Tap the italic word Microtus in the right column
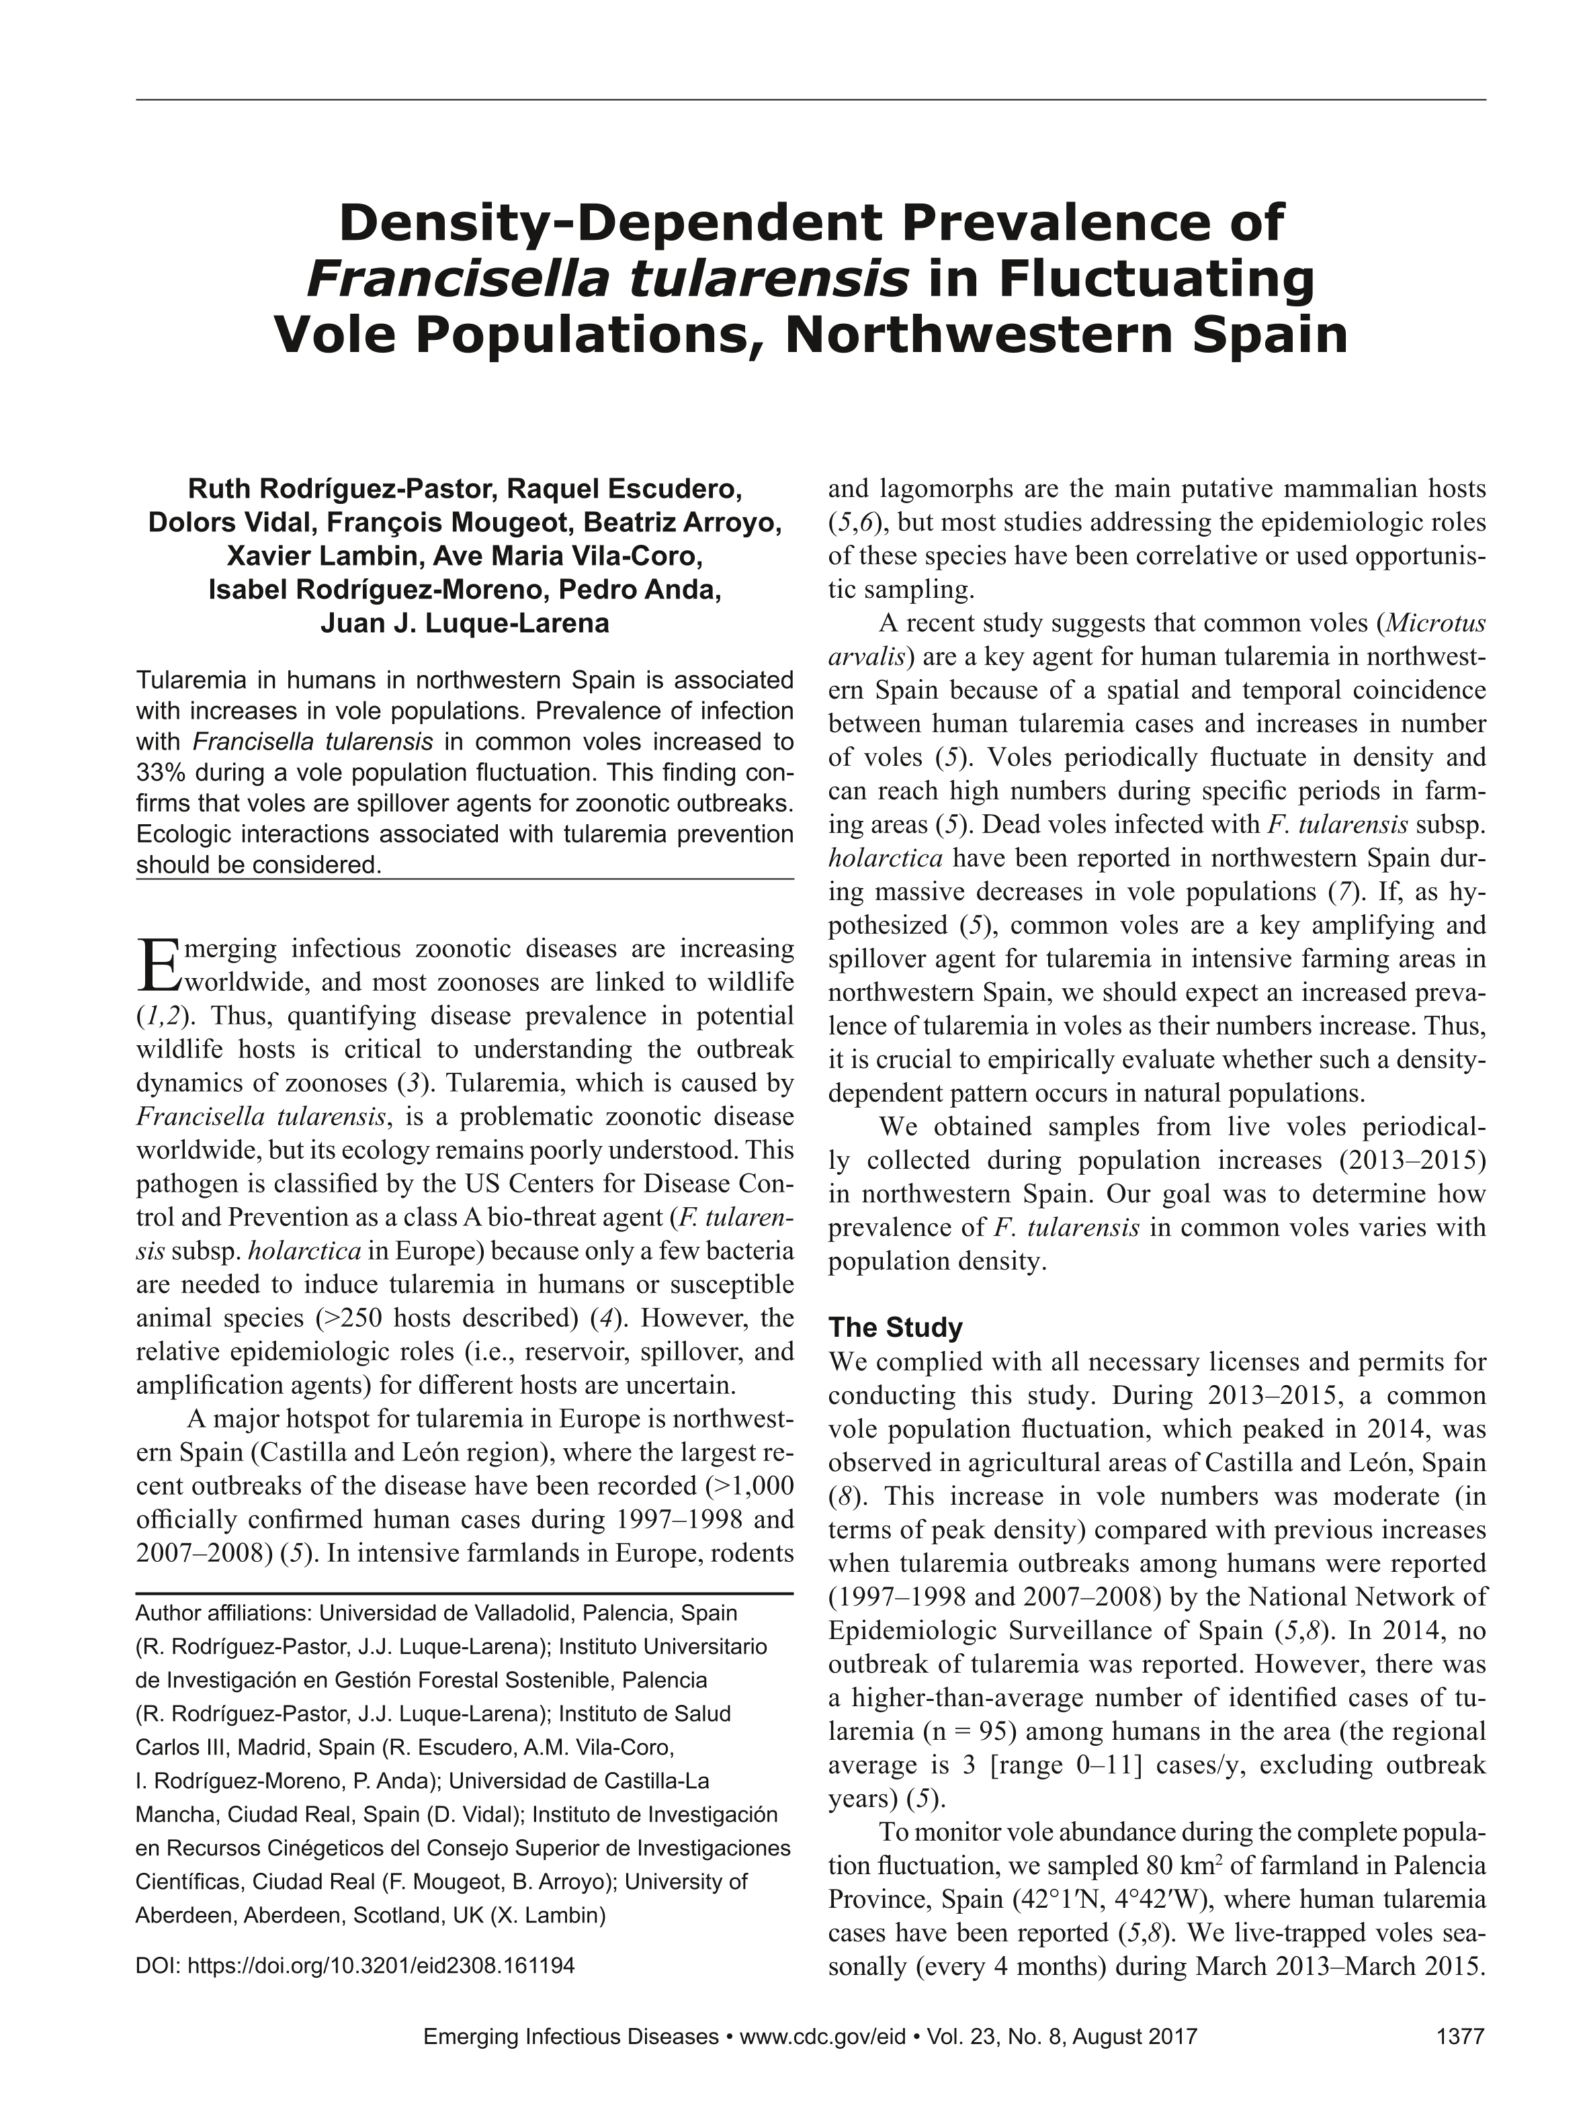tap(1435, 623)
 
